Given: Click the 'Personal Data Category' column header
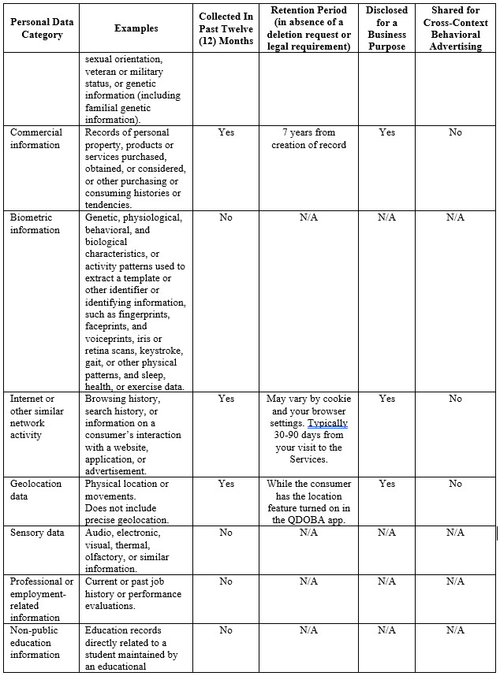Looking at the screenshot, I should pos(42,28).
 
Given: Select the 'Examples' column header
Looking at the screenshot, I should pos(136,28).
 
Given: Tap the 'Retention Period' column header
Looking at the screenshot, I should pos(310,28).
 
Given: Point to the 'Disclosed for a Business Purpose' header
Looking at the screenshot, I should pos(386,28).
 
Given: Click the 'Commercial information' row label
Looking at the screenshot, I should pos(35,139).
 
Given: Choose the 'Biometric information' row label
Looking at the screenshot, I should pos(35,224).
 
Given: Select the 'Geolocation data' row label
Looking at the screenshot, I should pos(35,490).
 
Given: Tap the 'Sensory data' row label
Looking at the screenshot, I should pos(37,533).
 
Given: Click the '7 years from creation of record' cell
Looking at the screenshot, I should pos(309,139).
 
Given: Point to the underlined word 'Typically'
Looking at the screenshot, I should pos(328,423).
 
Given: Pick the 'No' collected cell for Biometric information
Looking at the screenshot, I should pos(226,217).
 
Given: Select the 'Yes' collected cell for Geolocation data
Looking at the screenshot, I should pos(226,484).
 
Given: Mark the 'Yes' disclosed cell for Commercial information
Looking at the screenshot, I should pos(386,132).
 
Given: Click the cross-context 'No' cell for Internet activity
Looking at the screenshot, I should pos(455,399).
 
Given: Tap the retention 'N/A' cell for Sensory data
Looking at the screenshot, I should pos(308,533).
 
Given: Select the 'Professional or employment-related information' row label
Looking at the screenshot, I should pos(41,600).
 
